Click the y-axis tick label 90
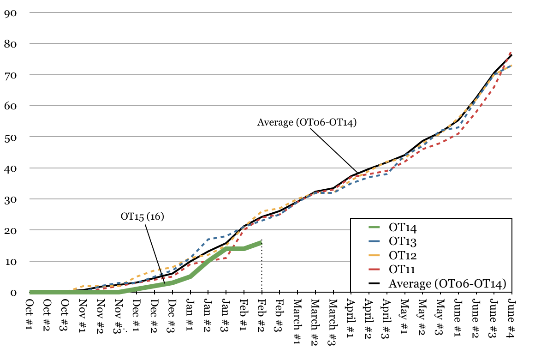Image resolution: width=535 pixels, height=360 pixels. pos(10,12)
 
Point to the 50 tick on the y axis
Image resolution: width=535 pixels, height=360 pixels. pos(10,137)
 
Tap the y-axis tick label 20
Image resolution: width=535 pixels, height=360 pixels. pos(10,230)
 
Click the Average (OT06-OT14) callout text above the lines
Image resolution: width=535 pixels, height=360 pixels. pos(307,122)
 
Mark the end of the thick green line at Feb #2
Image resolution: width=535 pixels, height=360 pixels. pos(262,242)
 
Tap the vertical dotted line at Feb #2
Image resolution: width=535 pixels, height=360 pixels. pos(262,268)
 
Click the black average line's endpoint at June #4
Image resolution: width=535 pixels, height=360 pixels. pos(511,55)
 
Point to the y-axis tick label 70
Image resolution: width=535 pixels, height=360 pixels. pos(10,75)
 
